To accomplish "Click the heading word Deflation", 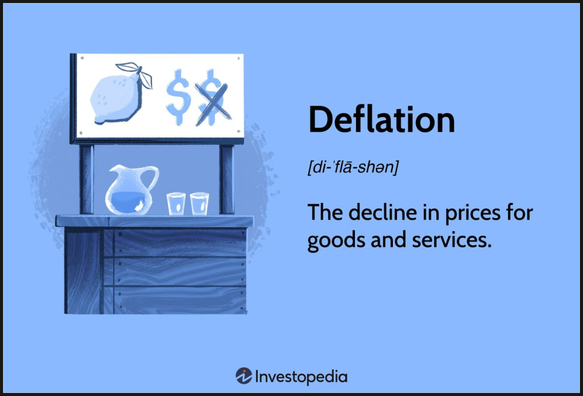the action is click(x=381, y=120).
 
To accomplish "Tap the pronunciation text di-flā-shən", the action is click(x=353, y=167).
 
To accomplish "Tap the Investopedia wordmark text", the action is click(x=301, y=377).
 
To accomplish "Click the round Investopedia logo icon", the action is click(x=244, y=376).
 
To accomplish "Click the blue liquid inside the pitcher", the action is click(x=129, y=202).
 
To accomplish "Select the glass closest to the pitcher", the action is click(x=176, y=203).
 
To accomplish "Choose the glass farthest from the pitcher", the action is click(x=199, y=203).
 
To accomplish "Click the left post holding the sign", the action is click(x=86, y=179).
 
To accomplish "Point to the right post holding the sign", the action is click(x=226, y=179).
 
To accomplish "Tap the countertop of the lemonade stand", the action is click(x=155, y=221).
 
